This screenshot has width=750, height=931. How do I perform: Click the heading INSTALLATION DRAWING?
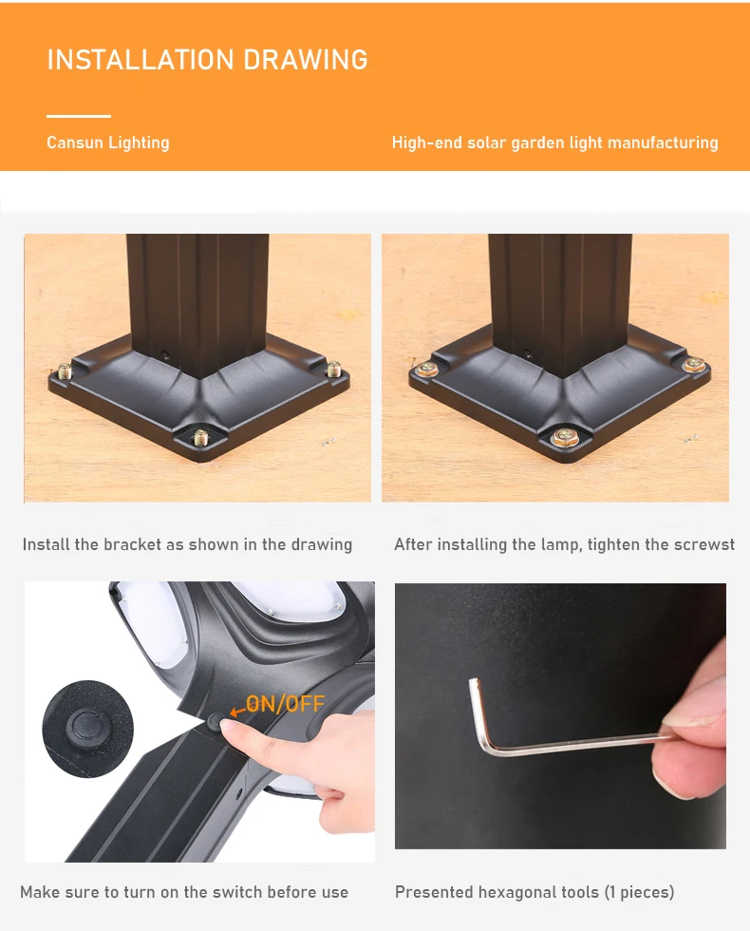click(207, 59)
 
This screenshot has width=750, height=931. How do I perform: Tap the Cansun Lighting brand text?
click(108, 142)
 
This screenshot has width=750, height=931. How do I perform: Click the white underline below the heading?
click(79, 116)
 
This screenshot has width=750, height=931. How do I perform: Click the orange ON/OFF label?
click(286, 704)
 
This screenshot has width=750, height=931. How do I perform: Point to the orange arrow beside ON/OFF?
click(237, 711)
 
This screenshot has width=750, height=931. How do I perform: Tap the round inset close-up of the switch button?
click(87, 727)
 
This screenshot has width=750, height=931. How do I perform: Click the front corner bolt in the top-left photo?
click(200, 438)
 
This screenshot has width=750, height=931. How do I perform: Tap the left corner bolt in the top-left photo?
click(65, 371)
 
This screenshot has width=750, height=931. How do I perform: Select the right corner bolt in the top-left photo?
click(333, 369)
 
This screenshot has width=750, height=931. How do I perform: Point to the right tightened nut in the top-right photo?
click(694, 364)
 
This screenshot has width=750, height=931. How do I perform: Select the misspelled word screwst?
click(704, 544)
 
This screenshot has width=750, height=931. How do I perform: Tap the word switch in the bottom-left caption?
click(237, 892)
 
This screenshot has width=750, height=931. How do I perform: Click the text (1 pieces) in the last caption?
click(640, 892)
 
